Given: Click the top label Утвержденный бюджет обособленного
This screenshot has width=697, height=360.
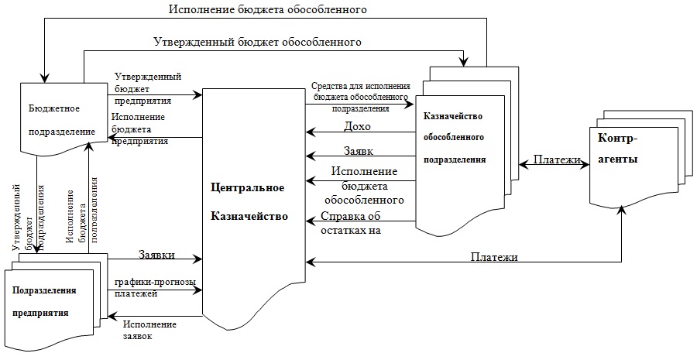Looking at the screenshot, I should [258, 41].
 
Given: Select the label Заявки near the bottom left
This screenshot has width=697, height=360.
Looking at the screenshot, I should [156, 254].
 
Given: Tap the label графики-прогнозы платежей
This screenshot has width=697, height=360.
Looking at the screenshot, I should [155, 287].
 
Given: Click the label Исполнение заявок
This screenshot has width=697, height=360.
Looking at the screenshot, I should [149, 330].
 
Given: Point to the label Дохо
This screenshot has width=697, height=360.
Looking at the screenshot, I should [357, 125].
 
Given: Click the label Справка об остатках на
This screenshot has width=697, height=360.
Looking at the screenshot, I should [353, 222].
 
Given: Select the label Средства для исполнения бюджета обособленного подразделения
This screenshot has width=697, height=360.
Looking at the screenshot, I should [361, 98].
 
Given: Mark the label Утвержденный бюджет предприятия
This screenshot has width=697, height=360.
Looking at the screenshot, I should [148, 88].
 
